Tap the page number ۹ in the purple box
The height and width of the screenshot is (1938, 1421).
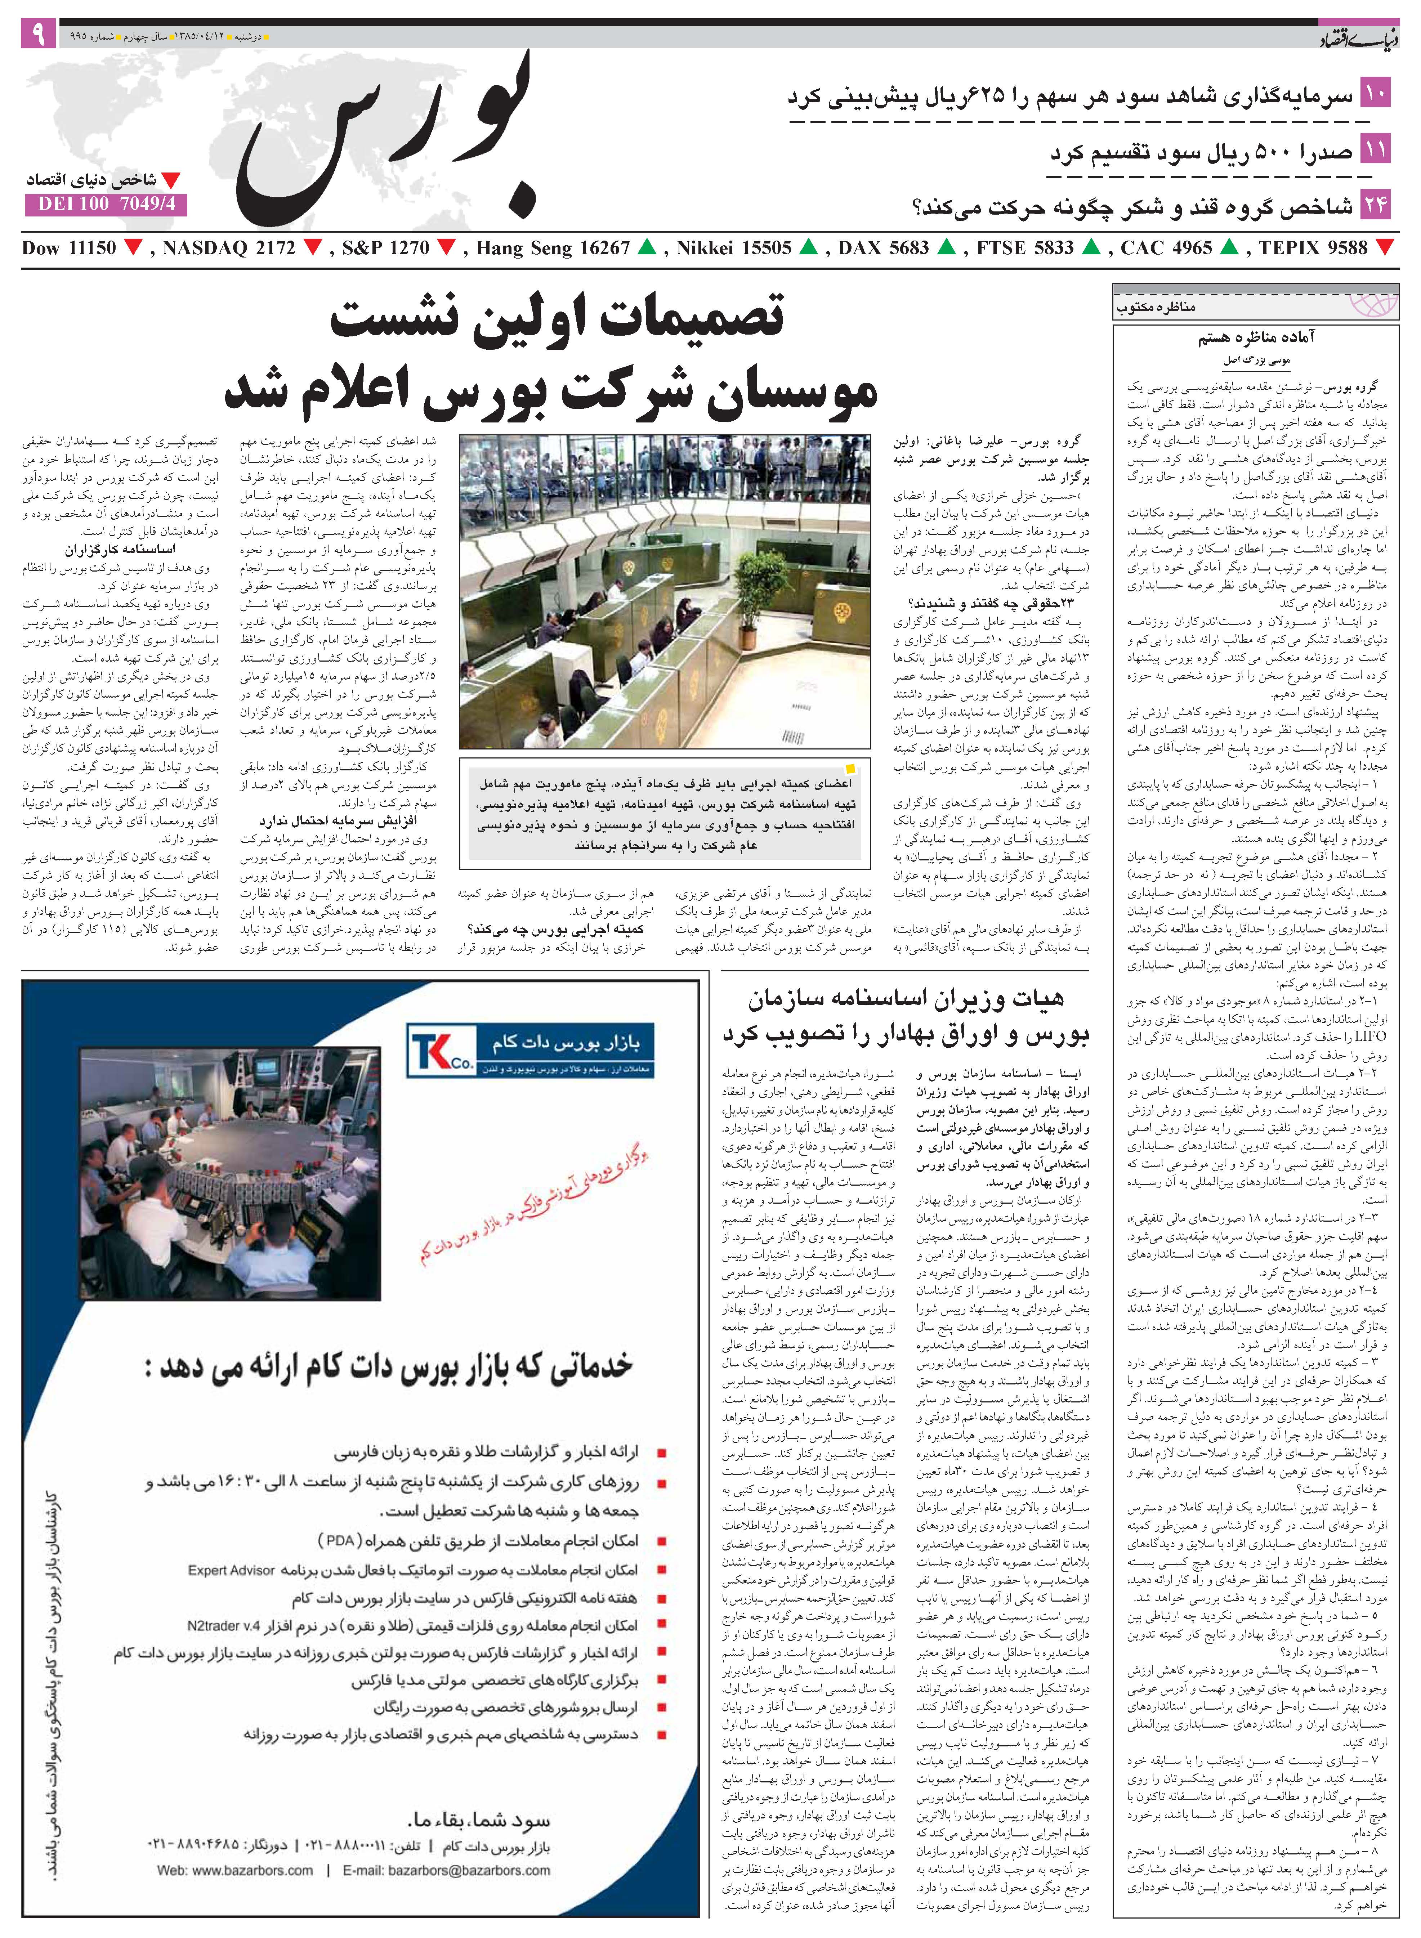(39, 35)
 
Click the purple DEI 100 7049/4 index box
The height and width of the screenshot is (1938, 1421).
(106, 205)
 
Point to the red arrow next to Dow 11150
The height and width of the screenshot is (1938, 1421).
(133, 249)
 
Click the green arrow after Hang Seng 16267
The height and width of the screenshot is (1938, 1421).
(647, 249)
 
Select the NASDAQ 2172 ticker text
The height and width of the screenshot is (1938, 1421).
(228, 249)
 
